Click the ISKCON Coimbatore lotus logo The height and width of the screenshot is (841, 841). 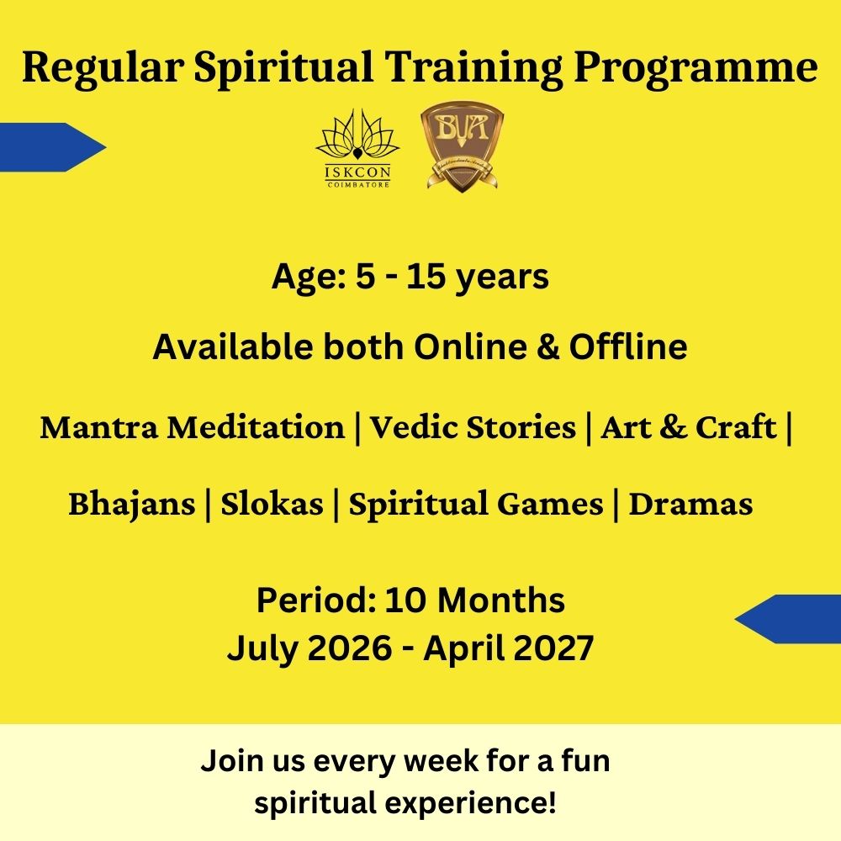(357, 148)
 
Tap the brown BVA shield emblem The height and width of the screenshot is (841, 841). (462, 146)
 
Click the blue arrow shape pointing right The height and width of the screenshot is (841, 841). (52, 147)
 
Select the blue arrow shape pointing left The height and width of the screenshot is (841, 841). (787, 619)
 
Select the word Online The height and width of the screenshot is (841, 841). (470, 346)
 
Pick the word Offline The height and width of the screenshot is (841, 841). (628, 346)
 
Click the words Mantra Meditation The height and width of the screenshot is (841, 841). (193, 427)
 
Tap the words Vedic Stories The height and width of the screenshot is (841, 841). (473, 427)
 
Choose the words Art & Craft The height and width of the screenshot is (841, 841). (688, 427)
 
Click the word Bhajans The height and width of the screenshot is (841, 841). (132, 505)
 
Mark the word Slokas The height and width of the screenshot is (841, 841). (272, 504)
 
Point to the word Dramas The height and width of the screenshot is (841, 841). (690, 504)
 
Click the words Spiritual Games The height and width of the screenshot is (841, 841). (476, 505)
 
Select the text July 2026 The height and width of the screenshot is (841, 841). (309, 648)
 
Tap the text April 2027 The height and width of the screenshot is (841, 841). (509, 648)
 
